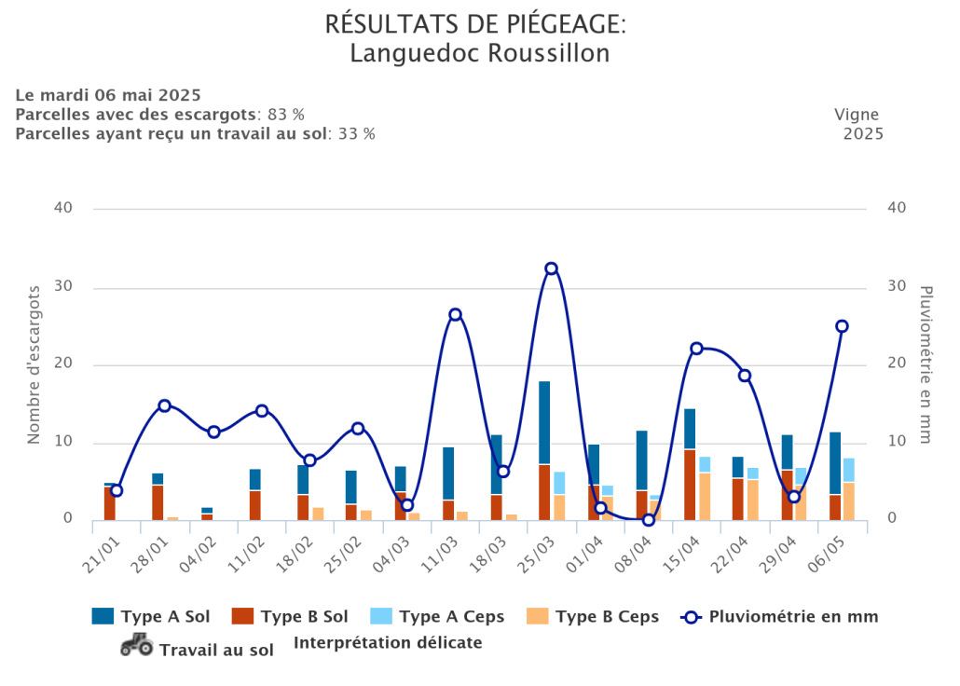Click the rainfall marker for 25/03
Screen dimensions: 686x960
pyautogui.click(x=552, y=268)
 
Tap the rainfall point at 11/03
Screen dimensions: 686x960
pyautogui.click(x=455, y=314)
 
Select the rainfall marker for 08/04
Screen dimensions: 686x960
pyautogui.click(x=649, y=519)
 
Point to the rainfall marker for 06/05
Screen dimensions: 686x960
pyautogui.click(x=842, y=326)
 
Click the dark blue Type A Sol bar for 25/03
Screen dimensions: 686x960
pyautogui.click(x=544, y=422)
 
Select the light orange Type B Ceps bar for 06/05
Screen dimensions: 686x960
pyautogui.click(x=849, y=501)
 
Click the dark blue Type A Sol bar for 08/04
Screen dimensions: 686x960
pyautogui.click(x=641, y=460)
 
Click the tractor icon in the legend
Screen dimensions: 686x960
pyautogui.click(x=137, y=645)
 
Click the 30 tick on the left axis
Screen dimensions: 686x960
pyautogui.click(x=62, y=286)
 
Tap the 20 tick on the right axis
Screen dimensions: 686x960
pyautogui.click(x=896, y=364)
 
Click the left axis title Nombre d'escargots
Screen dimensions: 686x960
pyautogui.click(x=34, y=364)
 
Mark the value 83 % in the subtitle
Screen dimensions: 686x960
pyautogui.click(x=286, y=115)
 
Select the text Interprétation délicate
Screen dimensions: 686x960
pyautogui.click(x=388, y=642)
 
